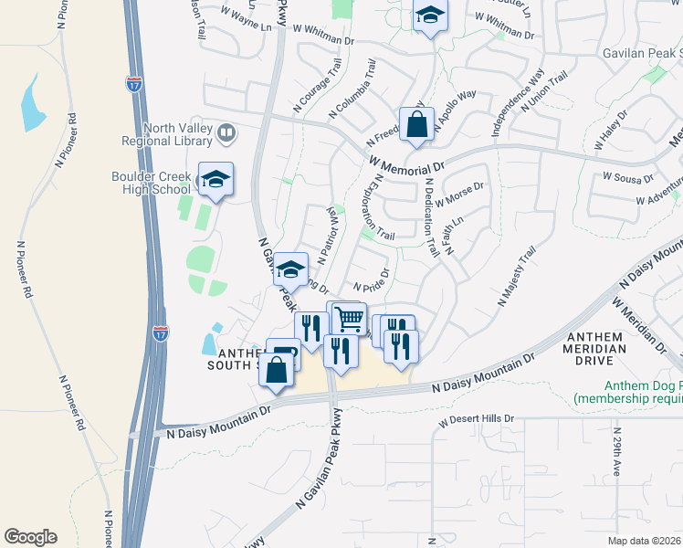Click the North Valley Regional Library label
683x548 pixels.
(x=167, y=134)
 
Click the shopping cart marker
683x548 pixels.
(x=349, y=319)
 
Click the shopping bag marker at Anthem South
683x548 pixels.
(x=278, y=371)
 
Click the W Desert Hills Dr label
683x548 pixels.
(x=476, y=421)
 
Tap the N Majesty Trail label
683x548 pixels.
(x=516, y=279)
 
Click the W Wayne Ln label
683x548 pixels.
(x=247, y=17)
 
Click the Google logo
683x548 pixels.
(x=31, y=536)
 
